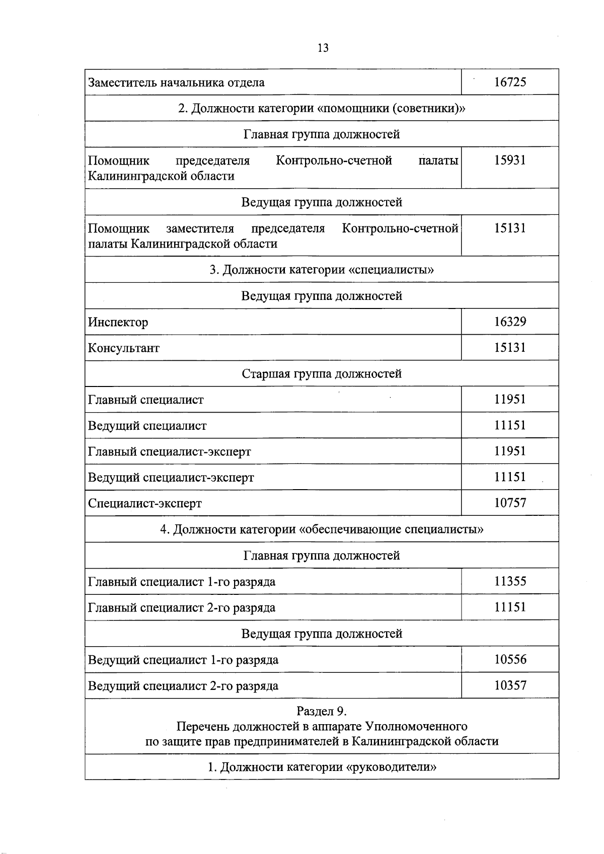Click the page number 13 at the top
coord(323,48)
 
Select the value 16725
coord(510,82)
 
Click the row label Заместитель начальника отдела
coord(176,83)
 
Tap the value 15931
coord(510,160)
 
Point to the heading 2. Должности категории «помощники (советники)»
coord(322,108)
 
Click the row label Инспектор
coord(118,322)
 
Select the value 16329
coord(510,322)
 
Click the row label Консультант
coord(124,348)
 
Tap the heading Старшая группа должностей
coord(322,374)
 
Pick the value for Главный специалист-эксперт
coord(510,451)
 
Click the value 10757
coord(510,503)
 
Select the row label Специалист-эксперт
coord(145,503)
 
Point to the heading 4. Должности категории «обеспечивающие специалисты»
coord(322,529)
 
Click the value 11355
coord(510,581)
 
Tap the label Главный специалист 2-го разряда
coord(182,608)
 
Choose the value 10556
coord(510,659)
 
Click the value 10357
coord(510,685)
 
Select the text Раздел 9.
coord(322,711)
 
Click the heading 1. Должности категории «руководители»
coord(322,767)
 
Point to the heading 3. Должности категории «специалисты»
coord(322,270)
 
